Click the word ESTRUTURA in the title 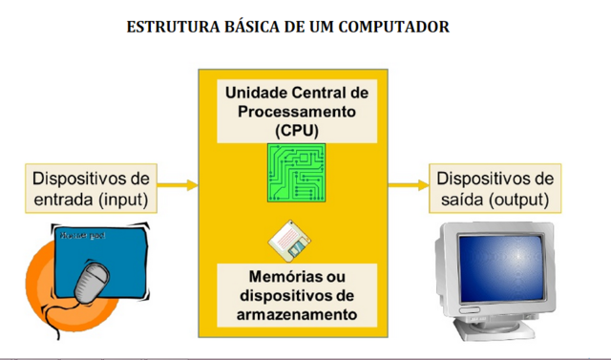[x=174, y=27]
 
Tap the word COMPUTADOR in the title [x=394, y=27]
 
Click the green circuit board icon [x=297, y=173]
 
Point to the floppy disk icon [x=289, y=242]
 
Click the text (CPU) [x=297, y=131]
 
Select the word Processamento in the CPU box [x=297, y=112]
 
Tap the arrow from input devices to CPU [x=178, y=185]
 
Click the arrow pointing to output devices [x=409, y=185]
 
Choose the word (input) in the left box [x=123, y=200]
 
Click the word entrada [x=64, y=200]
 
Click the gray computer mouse [x=92, y=283]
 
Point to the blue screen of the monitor [x=501, y=268]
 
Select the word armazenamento [x=297, y=314]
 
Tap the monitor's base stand [x=494, y=329]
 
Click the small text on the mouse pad [x=83, y=235]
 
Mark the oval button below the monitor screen [x=470, y=310]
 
